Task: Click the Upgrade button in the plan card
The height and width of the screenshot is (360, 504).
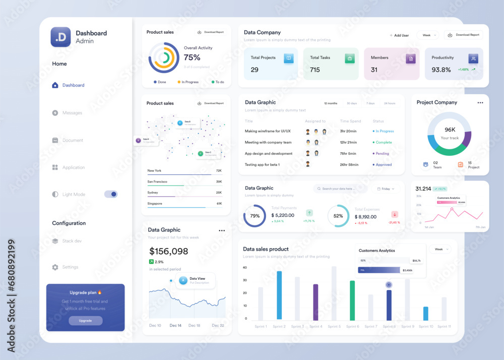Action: click(86, 321)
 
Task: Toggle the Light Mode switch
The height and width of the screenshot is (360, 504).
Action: click(111, 194)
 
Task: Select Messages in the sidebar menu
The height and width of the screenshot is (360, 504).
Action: click(72, 113)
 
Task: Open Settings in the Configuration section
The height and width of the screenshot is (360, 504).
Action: click(70, 267)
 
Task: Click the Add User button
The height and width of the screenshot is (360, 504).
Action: click(399, 35)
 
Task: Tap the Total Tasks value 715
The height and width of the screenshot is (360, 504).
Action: click(315, 70)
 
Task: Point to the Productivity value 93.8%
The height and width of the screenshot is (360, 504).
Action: click(441, 70)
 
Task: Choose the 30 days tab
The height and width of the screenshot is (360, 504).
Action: click(352, 103)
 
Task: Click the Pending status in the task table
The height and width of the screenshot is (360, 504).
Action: click(382, 153)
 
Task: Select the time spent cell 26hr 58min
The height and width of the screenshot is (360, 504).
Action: click(349, 164)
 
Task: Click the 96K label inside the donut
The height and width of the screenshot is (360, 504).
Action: click(450, 130)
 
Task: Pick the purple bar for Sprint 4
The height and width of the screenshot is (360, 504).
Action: click(316, 302)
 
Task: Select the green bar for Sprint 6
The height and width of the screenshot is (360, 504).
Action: click(352, 301)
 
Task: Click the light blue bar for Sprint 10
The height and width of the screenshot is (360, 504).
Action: click(426, 313)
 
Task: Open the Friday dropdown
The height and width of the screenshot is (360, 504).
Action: click(387, 189)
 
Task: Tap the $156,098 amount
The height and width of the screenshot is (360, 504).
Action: click(169, 251)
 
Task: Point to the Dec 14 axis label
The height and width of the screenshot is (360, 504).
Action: click(175, 326)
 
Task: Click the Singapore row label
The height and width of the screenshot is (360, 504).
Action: click(155, 204)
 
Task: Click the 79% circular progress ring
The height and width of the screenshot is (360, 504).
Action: click(255, 216)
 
